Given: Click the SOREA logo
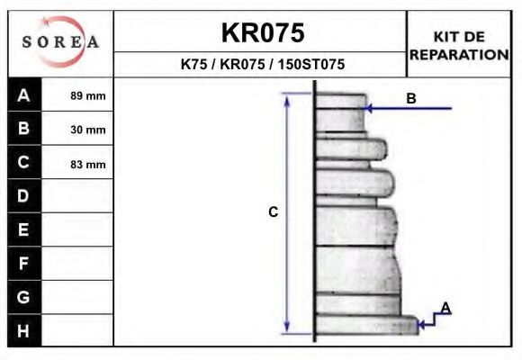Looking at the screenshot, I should (x=60, y=42).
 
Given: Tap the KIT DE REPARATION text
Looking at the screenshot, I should (x=459, y=45).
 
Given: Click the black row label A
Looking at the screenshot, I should (x=24, y=95).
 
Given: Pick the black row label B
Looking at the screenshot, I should (x=24, y=129).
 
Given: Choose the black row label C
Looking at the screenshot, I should (x=24, y=163).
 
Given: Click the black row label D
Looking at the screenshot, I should (x=24, y=196).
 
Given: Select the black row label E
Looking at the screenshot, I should (x=24, y=229).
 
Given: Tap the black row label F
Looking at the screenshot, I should (x=24, y=264).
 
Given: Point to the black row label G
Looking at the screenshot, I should (x=24, y=297).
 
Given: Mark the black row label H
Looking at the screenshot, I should (x=24, y=330).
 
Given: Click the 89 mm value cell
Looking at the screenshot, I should (x=87, y=95).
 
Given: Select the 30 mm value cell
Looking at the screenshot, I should (x=87, y=130).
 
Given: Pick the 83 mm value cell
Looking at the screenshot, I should (x=87, y=164).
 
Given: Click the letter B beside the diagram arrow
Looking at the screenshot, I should (x=411, y=98).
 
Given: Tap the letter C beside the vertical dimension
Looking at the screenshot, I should (x=274, y=212).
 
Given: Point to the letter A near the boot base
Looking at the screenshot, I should (x=445, y=309).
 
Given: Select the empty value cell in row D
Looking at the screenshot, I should (x=78, y=196).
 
